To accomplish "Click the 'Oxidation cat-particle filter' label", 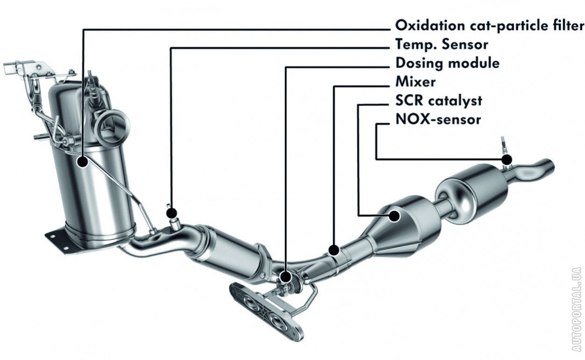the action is click(x=490, y=26).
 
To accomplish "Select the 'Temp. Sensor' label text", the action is click(x=442, y=44).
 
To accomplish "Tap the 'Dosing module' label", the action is click(x=447, y=63).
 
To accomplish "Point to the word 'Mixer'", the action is click(x=415, y=81).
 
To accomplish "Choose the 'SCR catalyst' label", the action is click(x=439, y=101).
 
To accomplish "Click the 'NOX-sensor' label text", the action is click(x=438, y=119).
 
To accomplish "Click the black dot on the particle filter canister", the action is click(x=83, y=162).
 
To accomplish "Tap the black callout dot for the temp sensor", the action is click(x=171, y=213).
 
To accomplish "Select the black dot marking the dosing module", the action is click(x=285, y=277).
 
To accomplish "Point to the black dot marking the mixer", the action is click(x=334, y=250).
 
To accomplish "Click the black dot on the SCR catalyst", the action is click(x=394, y=216).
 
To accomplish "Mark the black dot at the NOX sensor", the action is click(x=507, y=159).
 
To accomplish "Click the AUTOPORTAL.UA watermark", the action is click(x=577, y=309).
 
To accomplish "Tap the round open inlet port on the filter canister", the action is click(x=112, y=127).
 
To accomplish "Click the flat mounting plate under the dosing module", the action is click(x=266, y=311).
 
